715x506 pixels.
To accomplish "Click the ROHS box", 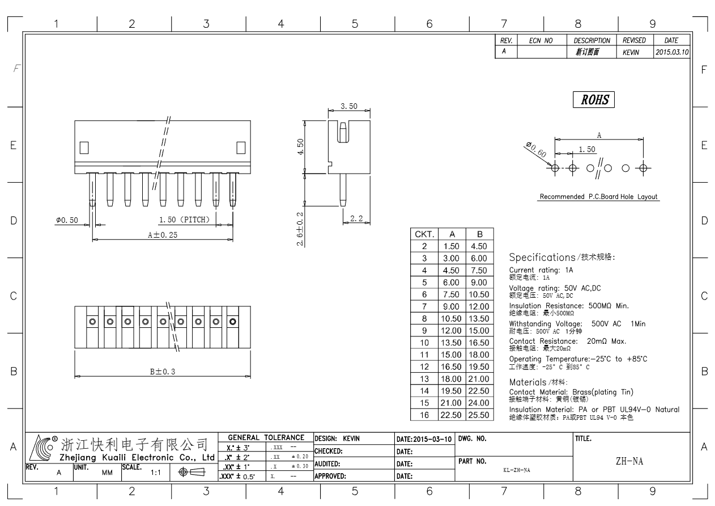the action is click(593, 99).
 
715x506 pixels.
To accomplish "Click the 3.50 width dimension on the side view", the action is click(349, 106).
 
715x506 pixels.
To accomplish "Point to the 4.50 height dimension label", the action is click(300, 147).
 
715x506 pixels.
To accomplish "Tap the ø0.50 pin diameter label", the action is click(67, 220).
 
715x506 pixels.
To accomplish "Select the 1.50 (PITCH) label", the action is click(184, 220).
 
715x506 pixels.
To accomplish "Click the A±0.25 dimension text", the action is click(163, 235).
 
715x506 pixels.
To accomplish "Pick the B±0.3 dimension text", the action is click(163, 372).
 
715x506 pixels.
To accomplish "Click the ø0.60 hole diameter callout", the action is click(537, 149).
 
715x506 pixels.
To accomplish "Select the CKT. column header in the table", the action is click(424, 234).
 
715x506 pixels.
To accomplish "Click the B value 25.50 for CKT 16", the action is click(479, 415).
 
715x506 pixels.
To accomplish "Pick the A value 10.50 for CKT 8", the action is click(451, 318).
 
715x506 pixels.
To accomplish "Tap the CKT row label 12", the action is click(424, 366).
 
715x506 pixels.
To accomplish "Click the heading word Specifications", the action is click(542, 258).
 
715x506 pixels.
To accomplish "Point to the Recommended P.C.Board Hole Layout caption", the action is click(598, 197).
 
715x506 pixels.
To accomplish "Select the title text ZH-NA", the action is click(629, 461).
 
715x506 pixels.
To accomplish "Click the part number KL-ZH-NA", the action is click(517, 470).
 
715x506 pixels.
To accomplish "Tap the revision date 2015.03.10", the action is click(672, 52).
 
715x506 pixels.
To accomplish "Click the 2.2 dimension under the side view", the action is click(356, 218).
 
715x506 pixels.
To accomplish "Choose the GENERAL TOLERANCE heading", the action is click(266, 437).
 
